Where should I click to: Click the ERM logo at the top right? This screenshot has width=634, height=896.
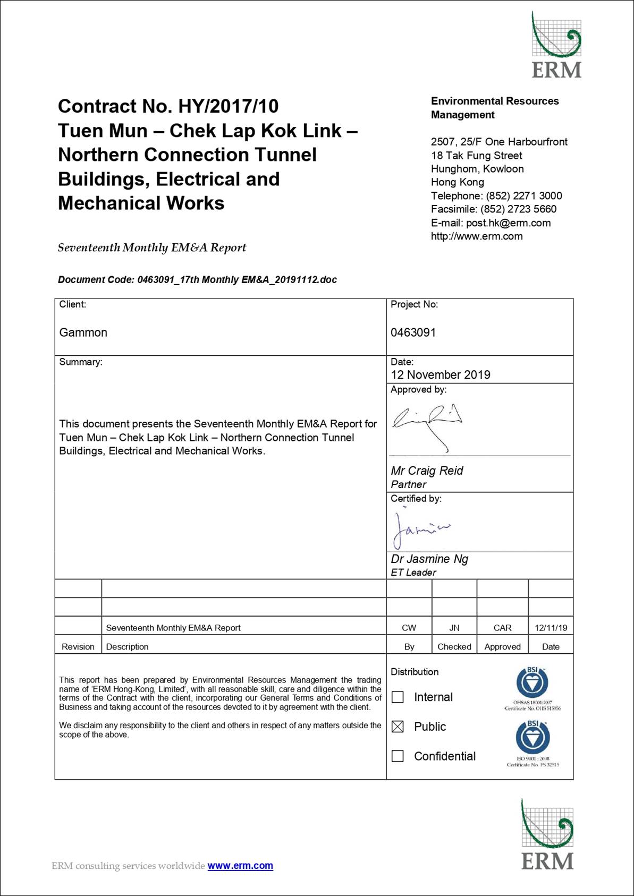[556, 45]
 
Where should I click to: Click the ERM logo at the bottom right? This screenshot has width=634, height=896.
[547, 834]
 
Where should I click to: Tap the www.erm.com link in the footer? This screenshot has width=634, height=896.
[240, 866]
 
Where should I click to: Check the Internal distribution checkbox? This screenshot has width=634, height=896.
[398, 697]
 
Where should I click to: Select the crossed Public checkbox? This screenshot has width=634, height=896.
[398, 727]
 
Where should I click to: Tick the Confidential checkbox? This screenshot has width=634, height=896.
[398, 756]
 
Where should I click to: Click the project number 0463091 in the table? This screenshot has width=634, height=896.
[413, 332]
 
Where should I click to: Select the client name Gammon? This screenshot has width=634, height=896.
[83, 332]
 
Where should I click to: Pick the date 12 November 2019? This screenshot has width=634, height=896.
[441, 374]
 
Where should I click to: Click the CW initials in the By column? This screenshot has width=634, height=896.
[409, 628]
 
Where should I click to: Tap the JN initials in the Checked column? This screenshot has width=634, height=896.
[454, 628]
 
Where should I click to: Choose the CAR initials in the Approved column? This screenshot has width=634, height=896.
[502, 628]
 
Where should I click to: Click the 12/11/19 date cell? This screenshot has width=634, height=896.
[551, 628]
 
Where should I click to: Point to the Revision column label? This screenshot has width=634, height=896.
[78, 646]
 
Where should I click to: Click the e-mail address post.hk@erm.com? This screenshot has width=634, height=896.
[508, 223]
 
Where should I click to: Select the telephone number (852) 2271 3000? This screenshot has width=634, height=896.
[524, 196]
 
